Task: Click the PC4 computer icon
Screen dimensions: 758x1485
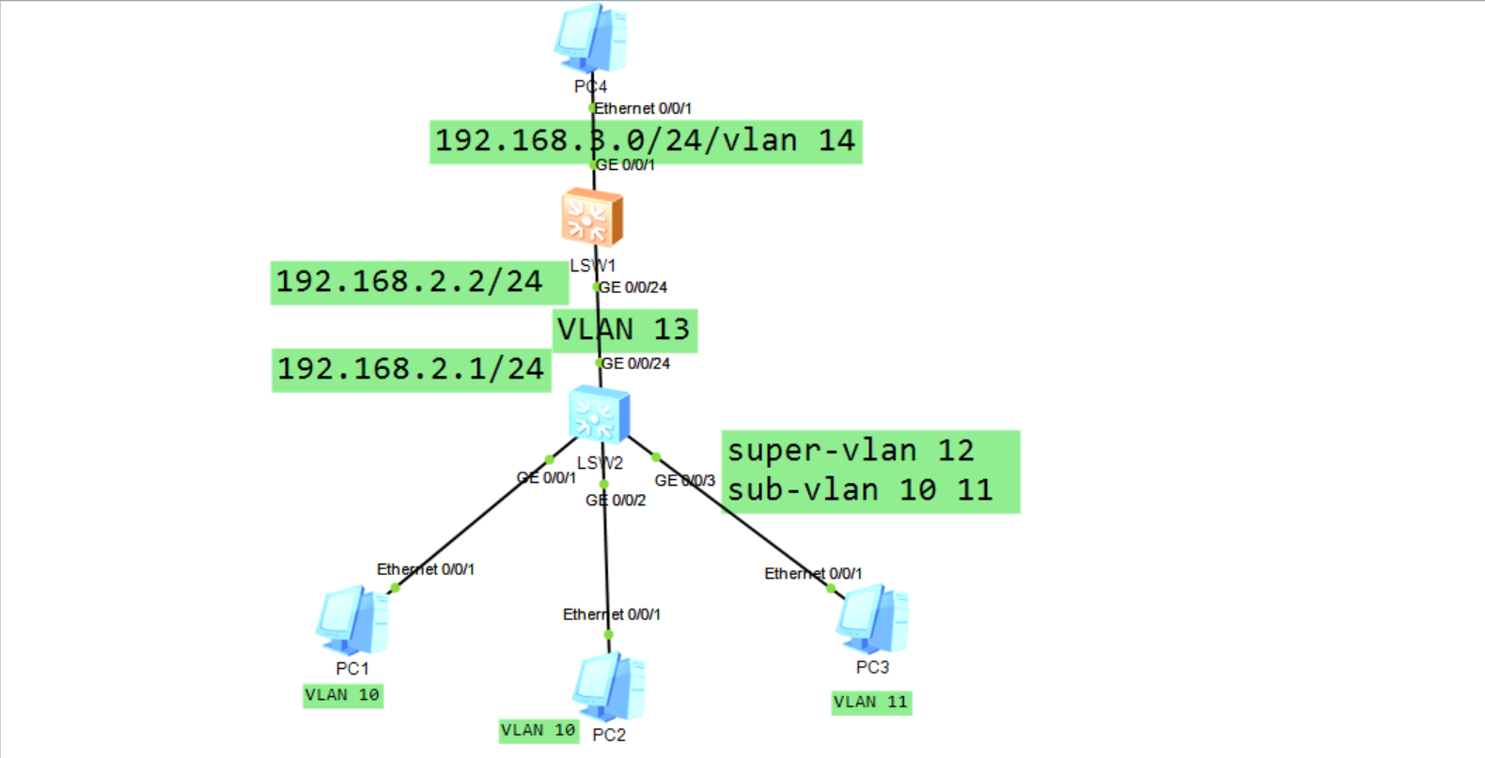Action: (590, 39)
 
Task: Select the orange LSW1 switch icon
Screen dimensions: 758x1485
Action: (592, 218)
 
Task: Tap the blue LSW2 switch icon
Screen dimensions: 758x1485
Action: (599, 415)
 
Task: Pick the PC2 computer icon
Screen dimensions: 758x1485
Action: (609, 688)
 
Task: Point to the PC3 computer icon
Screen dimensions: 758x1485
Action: (872, 619)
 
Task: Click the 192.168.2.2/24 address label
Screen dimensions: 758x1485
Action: (409, 282)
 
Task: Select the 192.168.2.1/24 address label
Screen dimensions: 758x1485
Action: (411, 368)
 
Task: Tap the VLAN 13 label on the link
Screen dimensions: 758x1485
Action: (624, 330)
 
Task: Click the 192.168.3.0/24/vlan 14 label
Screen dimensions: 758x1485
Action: (645, 141)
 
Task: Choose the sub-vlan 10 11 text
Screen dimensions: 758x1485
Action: (860, 490)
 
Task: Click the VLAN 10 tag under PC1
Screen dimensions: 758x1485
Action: (342, 695)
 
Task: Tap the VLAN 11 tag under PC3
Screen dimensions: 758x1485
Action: (871, 702)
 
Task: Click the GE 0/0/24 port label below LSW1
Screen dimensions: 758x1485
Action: (633, 287)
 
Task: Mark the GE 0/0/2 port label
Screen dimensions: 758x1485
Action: (617, 501)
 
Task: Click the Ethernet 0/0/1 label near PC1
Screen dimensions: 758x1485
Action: (426, 569)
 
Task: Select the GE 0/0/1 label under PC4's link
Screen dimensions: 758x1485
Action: (626, 165)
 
